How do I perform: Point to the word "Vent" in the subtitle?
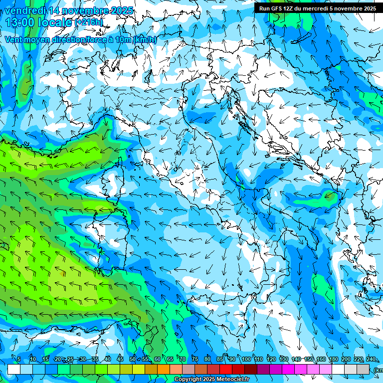coord(13,40)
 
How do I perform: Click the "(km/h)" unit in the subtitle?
coord(145,40)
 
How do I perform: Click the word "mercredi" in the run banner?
coord(325,8)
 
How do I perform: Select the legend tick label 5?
coord(19,360)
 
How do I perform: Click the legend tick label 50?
coord(132,360)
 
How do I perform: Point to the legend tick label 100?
coord(246,360)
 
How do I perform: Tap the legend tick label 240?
coord(371,360)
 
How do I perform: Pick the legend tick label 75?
coord(194,360)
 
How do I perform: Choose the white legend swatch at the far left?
coord(13,369)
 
